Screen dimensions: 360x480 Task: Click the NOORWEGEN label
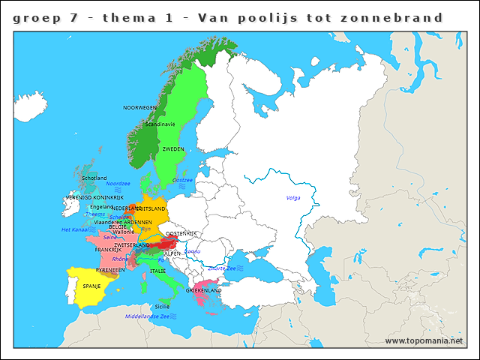(139, 108)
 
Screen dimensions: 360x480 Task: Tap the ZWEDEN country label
(173, 149)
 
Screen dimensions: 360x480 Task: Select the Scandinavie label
(160, 124)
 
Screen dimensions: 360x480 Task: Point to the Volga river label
(292, 198)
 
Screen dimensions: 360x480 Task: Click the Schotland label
(94, 178)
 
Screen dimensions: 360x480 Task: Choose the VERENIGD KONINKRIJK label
(94, 197)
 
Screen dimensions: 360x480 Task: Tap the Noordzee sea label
(118, 183)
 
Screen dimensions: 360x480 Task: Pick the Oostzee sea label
(183, 180)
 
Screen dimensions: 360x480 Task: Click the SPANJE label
(91, 286)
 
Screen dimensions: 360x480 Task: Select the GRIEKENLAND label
(203, 290)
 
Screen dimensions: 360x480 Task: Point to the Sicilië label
(162, 307)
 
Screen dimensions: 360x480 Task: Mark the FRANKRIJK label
(108, 250)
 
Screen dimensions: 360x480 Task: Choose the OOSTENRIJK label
(181, 234)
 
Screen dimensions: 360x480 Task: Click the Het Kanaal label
(76, 229)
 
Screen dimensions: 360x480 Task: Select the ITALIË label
(157, 271)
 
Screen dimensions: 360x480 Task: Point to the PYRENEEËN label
(110, 268)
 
